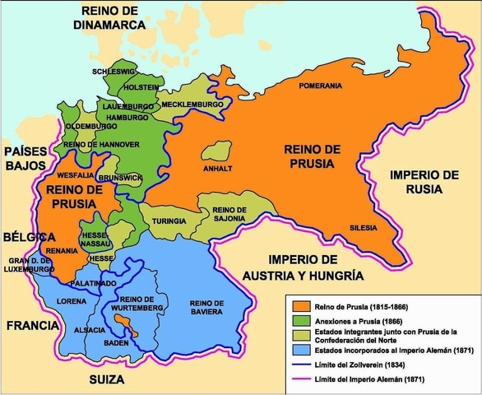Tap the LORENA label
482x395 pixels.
71,301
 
